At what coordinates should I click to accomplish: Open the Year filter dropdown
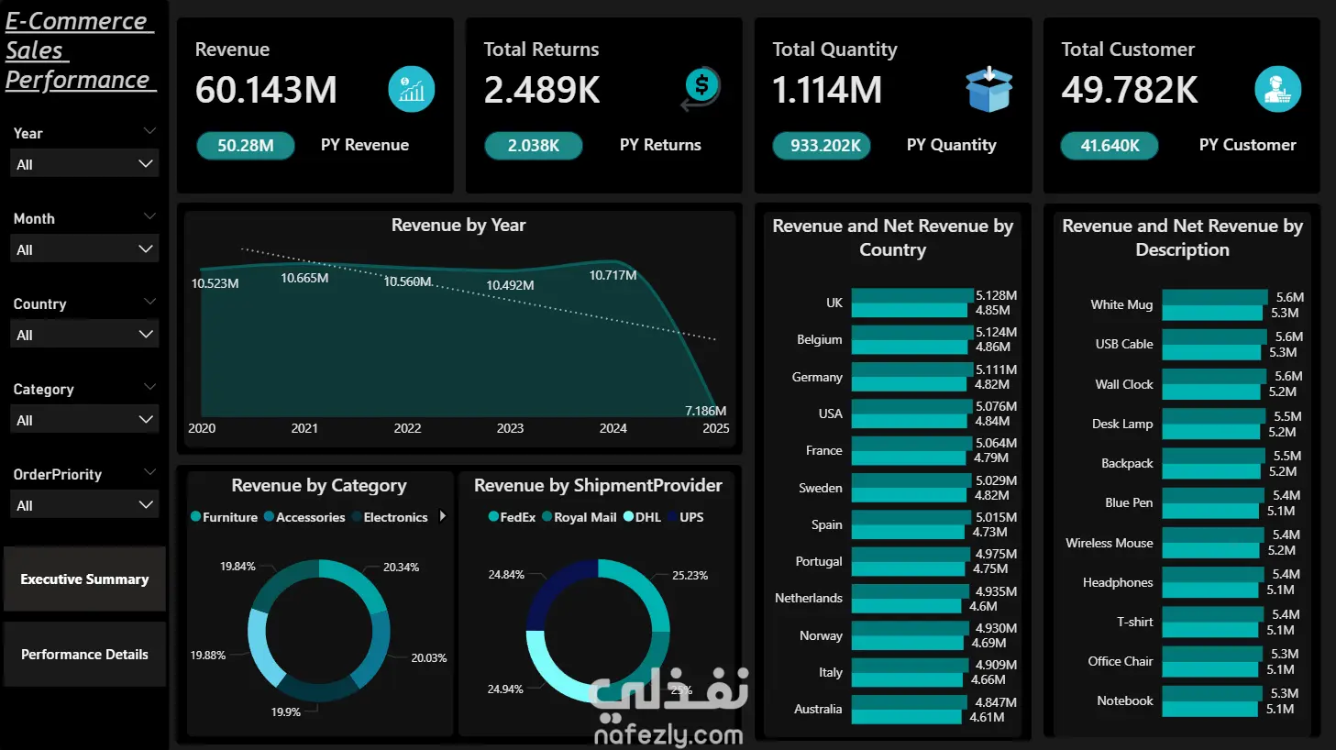84,164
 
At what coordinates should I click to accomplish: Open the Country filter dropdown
84,335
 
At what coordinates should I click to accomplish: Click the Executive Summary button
84,579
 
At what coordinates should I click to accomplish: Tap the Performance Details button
84,654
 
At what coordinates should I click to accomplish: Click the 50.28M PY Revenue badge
245,146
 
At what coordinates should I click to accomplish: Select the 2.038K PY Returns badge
533,146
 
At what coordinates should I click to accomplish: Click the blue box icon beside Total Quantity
988,90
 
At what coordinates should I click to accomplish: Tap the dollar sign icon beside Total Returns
701,88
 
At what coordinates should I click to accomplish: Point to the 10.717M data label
613,275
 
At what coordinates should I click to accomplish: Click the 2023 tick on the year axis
510,428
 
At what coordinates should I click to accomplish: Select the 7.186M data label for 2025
705,411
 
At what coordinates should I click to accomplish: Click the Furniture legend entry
224,517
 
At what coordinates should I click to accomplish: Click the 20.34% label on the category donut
401,567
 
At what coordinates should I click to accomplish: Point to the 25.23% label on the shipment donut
690,575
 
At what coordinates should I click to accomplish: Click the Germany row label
817,377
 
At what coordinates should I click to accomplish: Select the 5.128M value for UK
996,295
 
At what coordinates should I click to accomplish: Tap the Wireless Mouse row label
1110,543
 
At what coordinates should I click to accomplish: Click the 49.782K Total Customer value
1129,90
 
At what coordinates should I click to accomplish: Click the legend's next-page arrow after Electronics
443,516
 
